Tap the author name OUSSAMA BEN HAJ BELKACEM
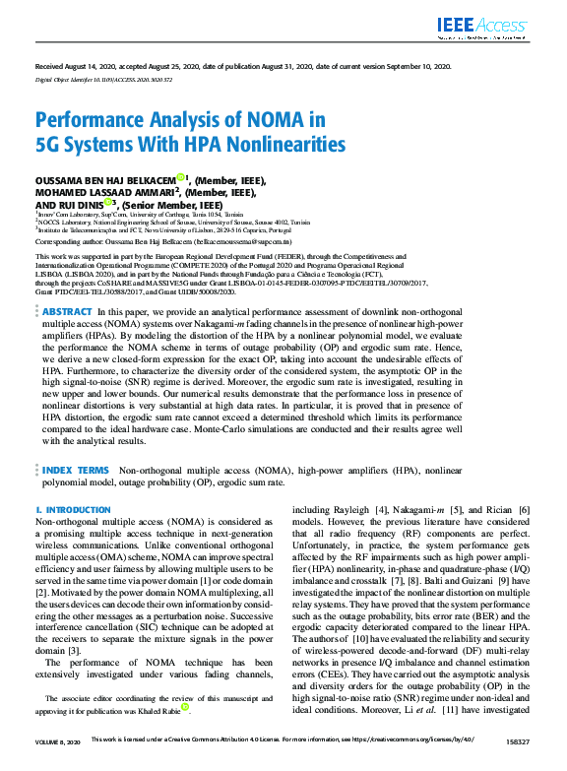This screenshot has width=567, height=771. (105, 180)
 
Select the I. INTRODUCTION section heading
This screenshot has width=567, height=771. (74, 510)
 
